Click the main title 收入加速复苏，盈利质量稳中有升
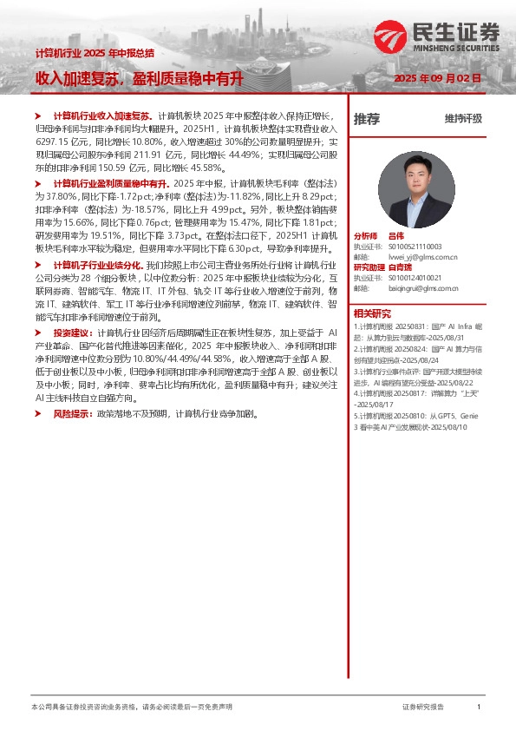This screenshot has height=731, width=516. pyautogui.click(x=139, y=79)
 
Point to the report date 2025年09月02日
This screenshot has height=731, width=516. pyautogui.click(x=437, y=79)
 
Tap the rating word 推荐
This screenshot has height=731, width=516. pyautogui.click(x=367, y=120)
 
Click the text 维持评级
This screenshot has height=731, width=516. pyautogui.click(x=463, y=119)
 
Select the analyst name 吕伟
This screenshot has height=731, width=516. pyautogui.click(x=395, y=236)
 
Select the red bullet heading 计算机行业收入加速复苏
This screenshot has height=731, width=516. pyautogui.click(x=102, y=115)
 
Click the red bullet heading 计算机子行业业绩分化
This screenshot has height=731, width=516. pyautogui.click(x=103, y=264)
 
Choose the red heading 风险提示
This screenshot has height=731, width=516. pyautogui.click(x=74, y=413)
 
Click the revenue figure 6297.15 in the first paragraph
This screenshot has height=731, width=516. pyautogui.click(x=50, y=140)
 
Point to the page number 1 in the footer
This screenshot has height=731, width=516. pyautogui.click(x=479, y=708)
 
